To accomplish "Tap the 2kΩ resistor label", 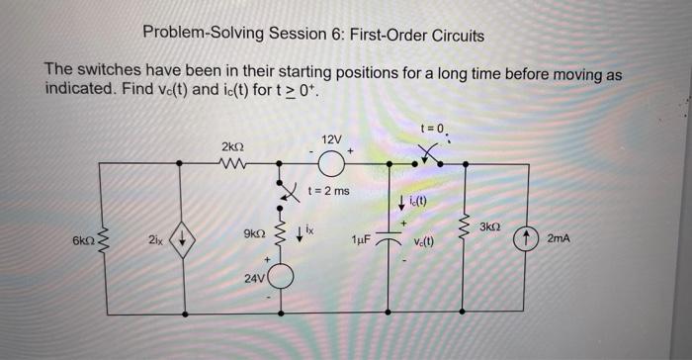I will coord(232,146).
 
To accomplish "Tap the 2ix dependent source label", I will coord(155,240).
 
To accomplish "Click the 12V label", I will coord(331,137).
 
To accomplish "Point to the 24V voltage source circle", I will coord(283,277).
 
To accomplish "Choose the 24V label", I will coord(253,278).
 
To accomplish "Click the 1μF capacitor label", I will coord(361,240).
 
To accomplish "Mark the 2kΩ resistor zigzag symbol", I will coord(233,164).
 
